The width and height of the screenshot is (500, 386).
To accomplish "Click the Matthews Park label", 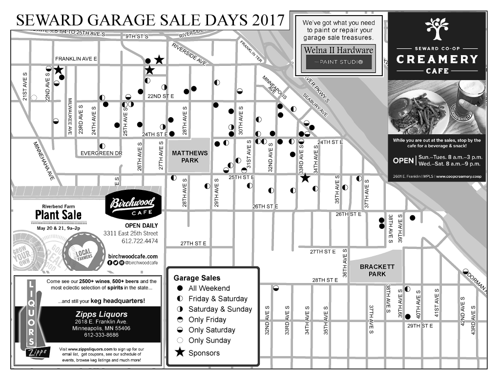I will pyautogui.click(x=190, y=157).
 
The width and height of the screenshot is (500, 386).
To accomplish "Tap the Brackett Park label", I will pyautogui.click(x=376, y=270).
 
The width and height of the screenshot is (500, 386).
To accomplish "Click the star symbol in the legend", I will pyautogui.click(x=180, y=353).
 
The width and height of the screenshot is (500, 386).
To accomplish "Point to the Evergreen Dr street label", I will pyautogui.click(x=101, y=153).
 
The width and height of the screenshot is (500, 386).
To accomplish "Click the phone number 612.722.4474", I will pyautogui.click(x=140, y=241).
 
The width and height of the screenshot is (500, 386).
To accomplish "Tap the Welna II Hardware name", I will pyautogui.click(x=338, y=50).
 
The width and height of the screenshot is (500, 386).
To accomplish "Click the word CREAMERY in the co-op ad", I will pyautogui.click(x=437, y=60).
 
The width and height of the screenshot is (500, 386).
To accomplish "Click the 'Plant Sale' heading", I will pyautogui.click(x=58, y=215).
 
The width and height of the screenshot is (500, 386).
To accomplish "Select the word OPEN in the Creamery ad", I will pyautogui.click(x=403, y=161).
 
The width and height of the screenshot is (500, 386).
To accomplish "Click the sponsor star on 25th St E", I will pyautogui.click(x=305, y=178).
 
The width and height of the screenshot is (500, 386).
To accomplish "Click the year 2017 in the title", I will pyautogui.click(x=267, y=20).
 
